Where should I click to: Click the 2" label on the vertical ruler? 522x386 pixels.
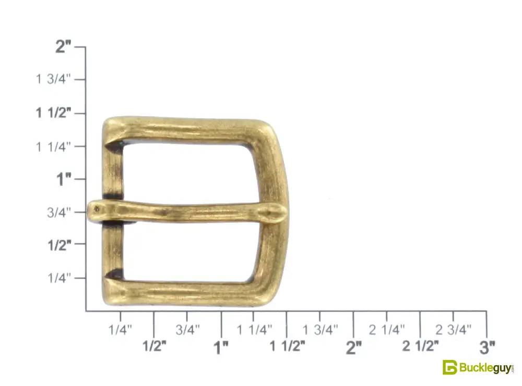[x=63, y=46]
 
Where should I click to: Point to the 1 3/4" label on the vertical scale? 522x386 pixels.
[x=53, y=79]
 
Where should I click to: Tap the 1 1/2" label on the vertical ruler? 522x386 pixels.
[x=53, y=113]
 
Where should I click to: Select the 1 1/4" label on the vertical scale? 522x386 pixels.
[x=53, y=146]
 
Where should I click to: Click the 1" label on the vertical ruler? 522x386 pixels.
[x=64, y=179]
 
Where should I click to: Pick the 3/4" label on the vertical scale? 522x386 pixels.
[x=59, y=212]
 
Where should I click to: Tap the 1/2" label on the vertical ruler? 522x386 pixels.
[x=60, y=245]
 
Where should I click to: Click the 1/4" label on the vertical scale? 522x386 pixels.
[x=60, y=278]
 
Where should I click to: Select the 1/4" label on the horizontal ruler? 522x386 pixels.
[x=120, y=330]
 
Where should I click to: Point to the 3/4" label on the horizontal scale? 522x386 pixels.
[x=188, y=330]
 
